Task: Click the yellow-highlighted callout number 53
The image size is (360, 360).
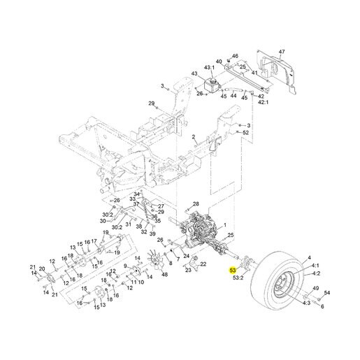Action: click(x=233, y=271)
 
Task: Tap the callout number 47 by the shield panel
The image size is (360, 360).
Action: click(x=282, y=52)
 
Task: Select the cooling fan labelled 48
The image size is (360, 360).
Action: click(x=157, y=260)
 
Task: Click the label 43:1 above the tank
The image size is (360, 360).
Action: click(x=209, y=68)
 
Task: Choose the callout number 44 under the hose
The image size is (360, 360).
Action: click(x=233, y=96)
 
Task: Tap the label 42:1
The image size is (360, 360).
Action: click(x=263, y=102)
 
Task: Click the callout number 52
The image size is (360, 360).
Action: click(x=246, y=133)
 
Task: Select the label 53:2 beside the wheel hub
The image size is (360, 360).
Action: click(x=238, y=278)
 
